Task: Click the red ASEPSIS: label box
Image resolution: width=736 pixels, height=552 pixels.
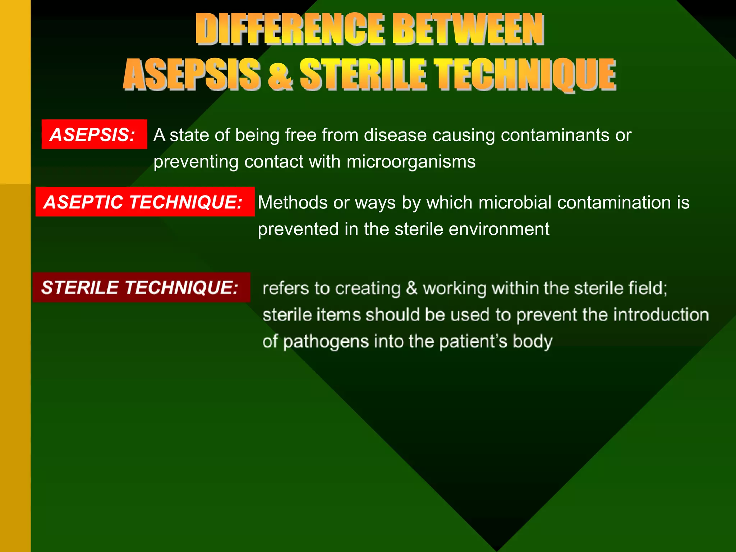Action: tap(94, 134)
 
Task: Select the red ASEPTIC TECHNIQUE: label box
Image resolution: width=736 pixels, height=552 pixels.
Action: tap(145, 202)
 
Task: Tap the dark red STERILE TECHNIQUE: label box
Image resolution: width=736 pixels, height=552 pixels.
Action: tap(141, 287)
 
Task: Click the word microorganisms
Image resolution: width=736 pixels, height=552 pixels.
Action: tap(411, 162)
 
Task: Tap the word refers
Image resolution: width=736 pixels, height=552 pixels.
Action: tap(285, 289)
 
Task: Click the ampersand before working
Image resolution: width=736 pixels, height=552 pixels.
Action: tap(412, 289)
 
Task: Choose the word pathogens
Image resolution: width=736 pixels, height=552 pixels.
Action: tap(326, 342)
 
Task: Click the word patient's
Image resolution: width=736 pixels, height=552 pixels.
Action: tap(473, 342)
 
